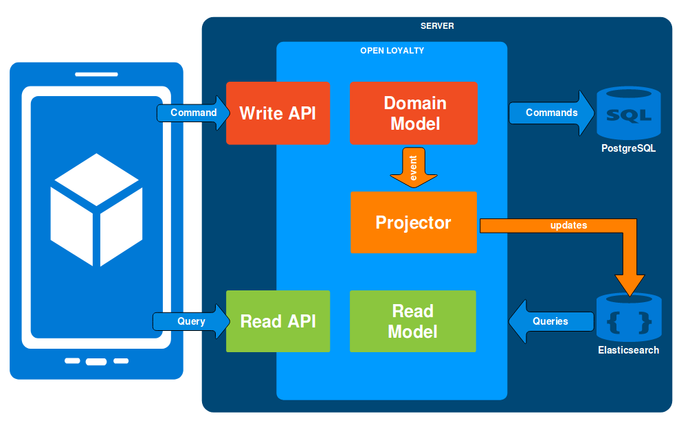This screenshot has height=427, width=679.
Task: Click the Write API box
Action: pyautogui.click(x=278, y=113)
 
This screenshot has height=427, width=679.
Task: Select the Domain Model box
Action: pyautogui.click(x=414, y=113)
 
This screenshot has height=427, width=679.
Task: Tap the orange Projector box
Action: pyautogui.click(x=414, y=222)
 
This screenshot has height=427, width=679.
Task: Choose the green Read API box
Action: pyautogui.click(x=278, y=321)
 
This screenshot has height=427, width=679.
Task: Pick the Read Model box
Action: pyautogui.click(x=412, y=321)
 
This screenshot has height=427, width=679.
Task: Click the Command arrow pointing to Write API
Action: pyautogui.click(x=193, y=113)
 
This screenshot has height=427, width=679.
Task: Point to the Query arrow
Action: pyautogui.click(x=192, y=321)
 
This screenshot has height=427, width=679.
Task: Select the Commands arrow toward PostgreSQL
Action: pyautogui.click(x=552, y=113)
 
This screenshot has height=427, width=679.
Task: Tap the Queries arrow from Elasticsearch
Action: pyautogui.click(x=551, y=321)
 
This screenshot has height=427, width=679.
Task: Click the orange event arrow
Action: pyautogui.click(x=414, y=168)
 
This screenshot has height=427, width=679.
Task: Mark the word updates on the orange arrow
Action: pyautogui.click(x=568, y=225)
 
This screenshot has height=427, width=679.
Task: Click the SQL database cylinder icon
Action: pyautogui.click(x=629, y=113)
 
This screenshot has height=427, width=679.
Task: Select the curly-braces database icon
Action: pyautogui.click(x=629, y=317)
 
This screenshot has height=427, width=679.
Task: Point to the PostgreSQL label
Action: pyautogui.click(x=628, y=148)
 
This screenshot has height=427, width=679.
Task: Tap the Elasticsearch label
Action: pyautogui.click(x=628, y=350)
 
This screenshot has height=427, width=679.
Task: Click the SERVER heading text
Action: pyautogui.click(x=437, y=26)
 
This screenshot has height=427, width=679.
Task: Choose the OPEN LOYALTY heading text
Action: pyautogui.click(x=392, y=51)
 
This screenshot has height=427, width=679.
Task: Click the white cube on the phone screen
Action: pyautogui.click(x=97, y=210)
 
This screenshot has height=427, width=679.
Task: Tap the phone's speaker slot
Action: pyautogui.click(x=97, y=74)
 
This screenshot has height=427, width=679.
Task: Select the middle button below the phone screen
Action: pyautogui.click(x=96, y=362)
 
